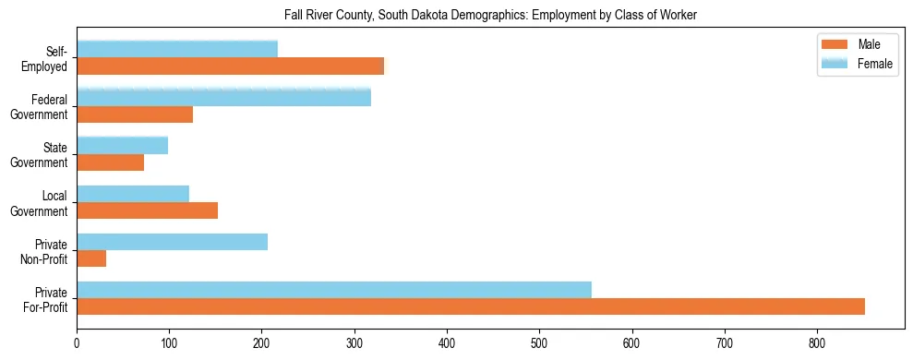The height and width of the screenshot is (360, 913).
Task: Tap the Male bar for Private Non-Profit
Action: click(x=91, y=258)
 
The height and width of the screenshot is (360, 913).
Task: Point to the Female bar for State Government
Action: click(x=122, y=146)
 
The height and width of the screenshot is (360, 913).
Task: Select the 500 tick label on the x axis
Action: click(x=447, y=343)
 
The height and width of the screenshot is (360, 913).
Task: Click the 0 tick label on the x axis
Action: click(x=77, y=343)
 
